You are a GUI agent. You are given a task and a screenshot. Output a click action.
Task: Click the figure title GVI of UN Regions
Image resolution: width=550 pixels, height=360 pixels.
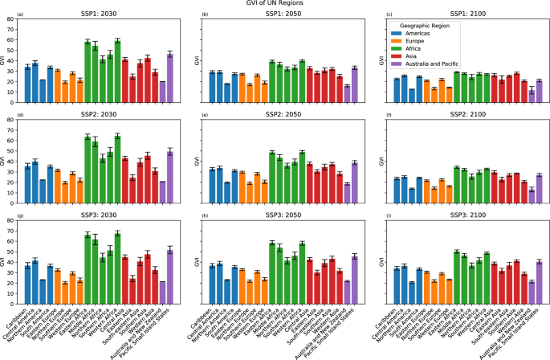pos(275,4)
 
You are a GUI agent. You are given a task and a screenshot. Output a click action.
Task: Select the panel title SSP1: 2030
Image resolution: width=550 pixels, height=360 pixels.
pos(96,15)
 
